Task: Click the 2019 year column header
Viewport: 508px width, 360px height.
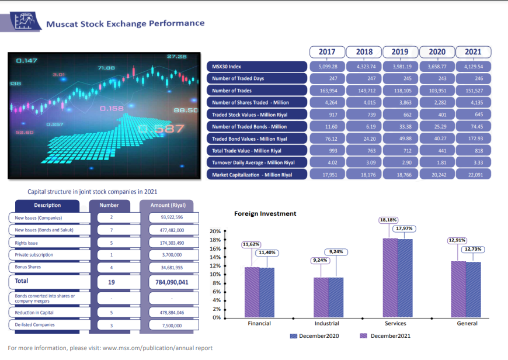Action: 400,52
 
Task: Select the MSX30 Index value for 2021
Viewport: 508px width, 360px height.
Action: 473,67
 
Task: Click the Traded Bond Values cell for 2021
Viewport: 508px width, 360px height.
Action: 473,139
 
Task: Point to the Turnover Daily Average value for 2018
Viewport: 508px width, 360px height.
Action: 364,162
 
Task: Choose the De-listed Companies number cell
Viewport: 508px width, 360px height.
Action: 112,325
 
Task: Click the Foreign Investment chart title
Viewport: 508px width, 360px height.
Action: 265,214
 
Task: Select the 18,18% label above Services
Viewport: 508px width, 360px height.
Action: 388,220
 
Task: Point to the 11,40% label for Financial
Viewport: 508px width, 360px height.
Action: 267,252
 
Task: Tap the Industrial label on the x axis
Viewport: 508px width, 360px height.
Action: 326,323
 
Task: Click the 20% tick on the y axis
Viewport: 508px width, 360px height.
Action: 215,231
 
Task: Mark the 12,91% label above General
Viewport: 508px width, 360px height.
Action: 457,240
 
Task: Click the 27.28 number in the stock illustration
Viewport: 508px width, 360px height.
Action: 176,57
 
